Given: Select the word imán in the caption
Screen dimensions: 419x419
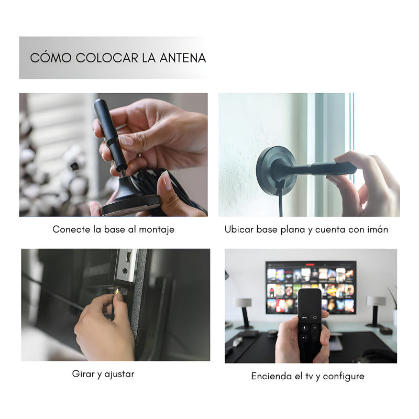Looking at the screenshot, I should point(376,229).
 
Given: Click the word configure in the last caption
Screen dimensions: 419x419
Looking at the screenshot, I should point(344,376).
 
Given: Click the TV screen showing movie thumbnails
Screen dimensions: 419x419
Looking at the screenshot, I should point(310,287).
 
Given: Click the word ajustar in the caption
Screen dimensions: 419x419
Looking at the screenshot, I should point(119,374).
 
